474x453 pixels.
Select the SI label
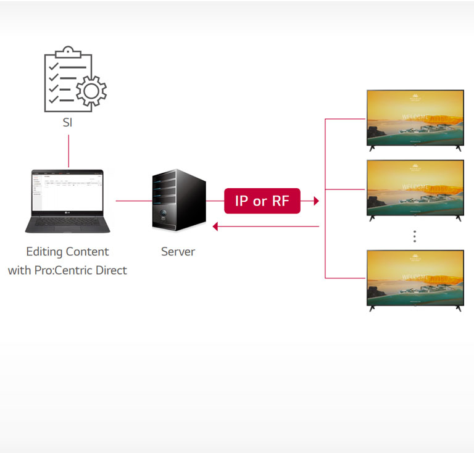pyautogui.click(x=67, y=122)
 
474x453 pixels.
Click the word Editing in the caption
pyautogui.click(x=43, y=252)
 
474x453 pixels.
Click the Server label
pyautogui.click(x=178, y=252)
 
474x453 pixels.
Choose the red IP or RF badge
pyautogui.click(x=262, y=201)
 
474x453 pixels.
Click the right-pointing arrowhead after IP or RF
pyautogui.click(x=316, y=201)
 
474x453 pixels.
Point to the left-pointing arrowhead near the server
pyautogui.click(x=215, y=226)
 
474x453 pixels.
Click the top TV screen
pyautogui.click(x=415, y=117)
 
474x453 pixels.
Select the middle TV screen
pyautogui.click(x=415, y=188)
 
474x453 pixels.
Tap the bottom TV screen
pyautogui.click(x=415, y=276)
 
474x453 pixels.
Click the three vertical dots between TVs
pyautogui.click(x=415, y=236)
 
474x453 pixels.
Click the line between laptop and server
pyautogui.click(x=133, y=201)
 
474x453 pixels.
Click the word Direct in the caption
pyautogui.click(x=110, y=270)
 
